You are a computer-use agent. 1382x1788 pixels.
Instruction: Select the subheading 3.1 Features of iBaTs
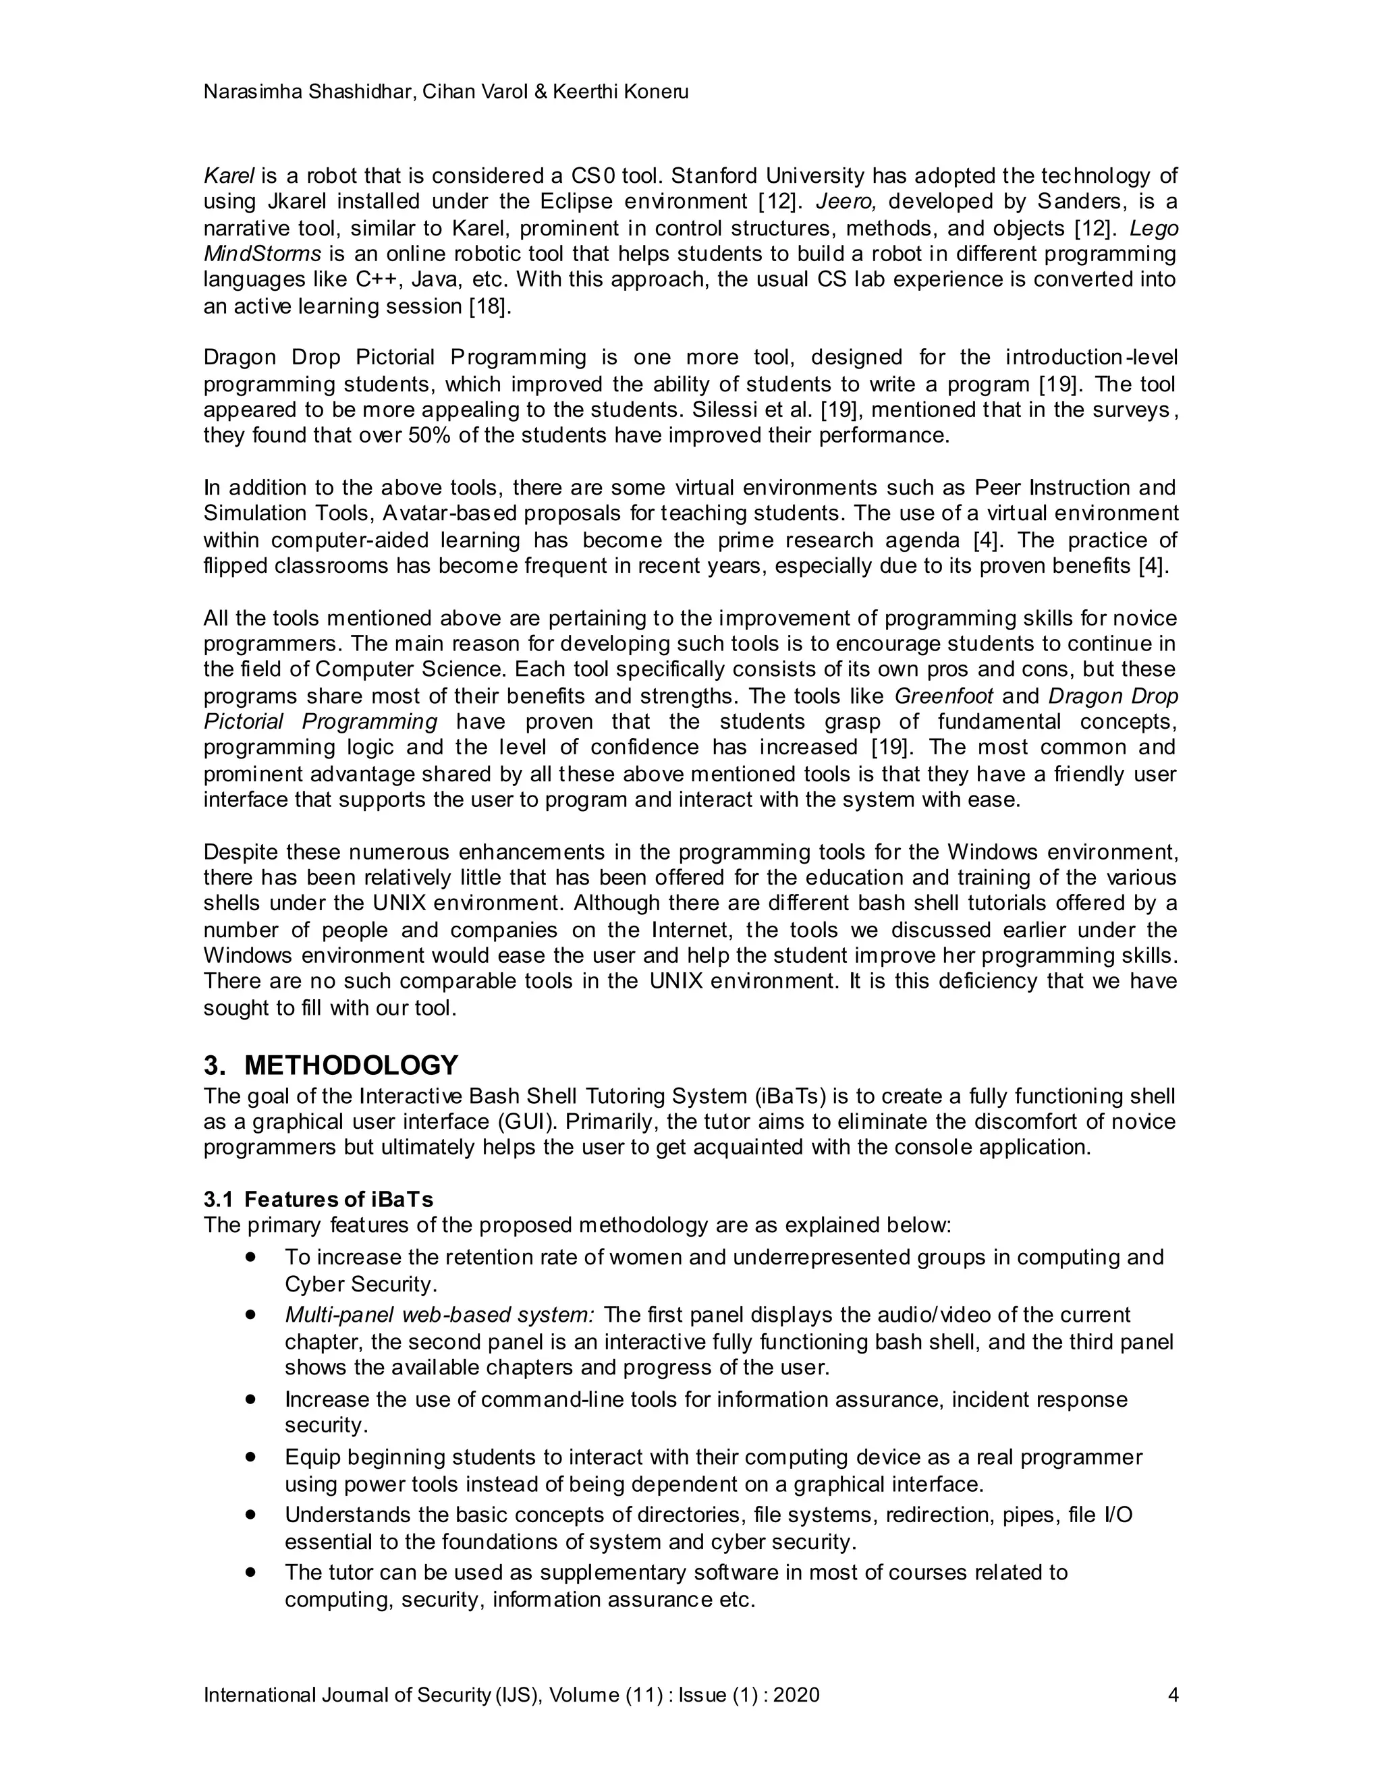point(319,1200)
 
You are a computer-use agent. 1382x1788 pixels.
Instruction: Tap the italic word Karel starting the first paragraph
point(229,176)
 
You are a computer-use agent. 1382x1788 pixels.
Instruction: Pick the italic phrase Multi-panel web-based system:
point(440,1316)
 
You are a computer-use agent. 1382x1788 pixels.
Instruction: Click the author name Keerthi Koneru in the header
point(621,92)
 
